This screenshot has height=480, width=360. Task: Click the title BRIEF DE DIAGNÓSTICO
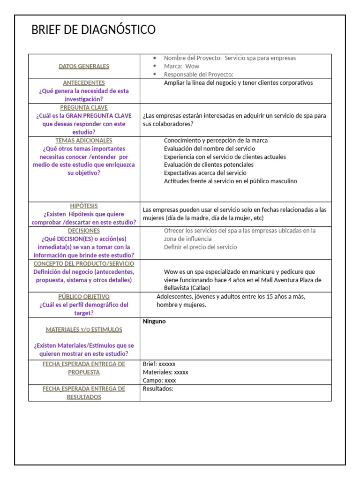pyautogui.click(x=93, y=30)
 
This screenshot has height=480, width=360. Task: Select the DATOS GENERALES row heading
pyautogui.click(x=84, y=66)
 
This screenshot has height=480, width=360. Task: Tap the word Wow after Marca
pyautogui.click(x=192, y=66)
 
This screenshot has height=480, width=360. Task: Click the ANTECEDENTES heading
pyautogui.click(x=84, y=83)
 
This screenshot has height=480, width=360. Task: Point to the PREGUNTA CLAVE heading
pyautogui.click(x=84, y=108)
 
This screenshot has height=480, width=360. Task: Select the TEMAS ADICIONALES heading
pyautogui.click(x=84, y=141)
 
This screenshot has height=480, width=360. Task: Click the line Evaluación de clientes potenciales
pyautogui.click(x=209, y=165)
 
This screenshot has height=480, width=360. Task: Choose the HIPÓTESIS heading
pyautogui.click(x=84, y=206)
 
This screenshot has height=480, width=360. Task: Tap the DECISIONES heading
pyautogui.click(x=84, y=231)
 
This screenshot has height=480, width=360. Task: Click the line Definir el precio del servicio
pyautogui.click(x=200, y=247)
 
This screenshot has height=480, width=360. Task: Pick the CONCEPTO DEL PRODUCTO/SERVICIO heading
pyautogui.click(x=84, y=264)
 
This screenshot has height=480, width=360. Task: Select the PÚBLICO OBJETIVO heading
pyautogui.click(x=84, y=297)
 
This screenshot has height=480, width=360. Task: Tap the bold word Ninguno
pyautogui.click(x=154, y=322)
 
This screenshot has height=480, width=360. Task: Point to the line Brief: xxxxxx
pyautogui.click(x=159, y=364)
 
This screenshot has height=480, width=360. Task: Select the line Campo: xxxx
pyautogui.click(x=159, y=381)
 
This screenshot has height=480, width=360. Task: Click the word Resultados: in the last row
pyautogui.click(x=158, y=389)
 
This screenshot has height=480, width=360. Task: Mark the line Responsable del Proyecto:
pyautogui.click(x=198, y=75)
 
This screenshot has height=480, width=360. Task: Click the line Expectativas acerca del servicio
pyautogui.click(x=205, y=173)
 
